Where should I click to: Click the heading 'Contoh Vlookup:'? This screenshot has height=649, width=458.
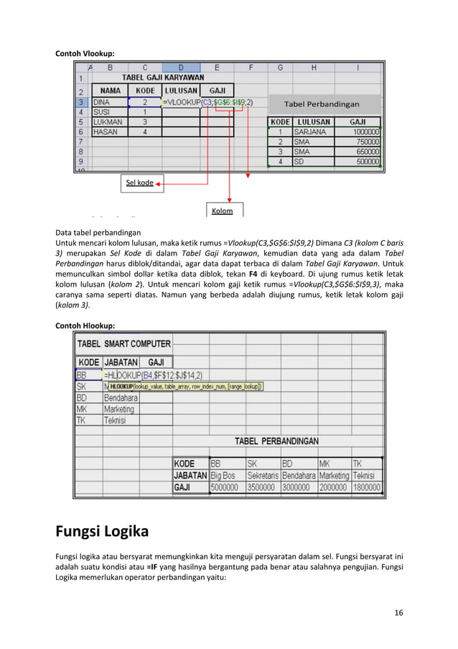tap(85, 53)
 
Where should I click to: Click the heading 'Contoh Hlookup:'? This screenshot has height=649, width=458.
tap(85, 326)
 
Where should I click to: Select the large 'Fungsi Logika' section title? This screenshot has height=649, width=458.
tap(102, 532)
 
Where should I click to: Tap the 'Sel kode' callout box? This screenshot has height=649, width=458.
tap(140, 183)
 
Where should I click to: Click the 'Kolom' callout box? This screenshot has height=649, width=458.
tap(222, 211)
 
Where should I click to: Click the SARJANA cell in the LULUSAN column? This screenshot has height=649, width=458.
tap(312, 132)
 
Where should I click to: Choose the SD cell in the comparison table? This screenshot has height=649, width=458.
tap(312, 162)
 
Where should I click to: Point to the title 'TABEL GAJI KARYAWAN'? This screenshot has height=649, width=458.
tap(163, 77)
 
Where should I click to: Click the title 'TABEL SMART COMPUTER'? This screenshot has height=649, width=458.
tap(124, 344)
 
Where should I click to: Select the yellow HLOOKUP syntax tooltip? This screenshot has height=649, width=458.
tap(186, 386)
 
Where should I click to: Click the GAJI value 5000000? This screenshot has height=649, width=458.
tap(225, 487)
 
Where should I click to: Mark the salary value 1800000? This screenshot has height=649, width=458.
tap(367, 487)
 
